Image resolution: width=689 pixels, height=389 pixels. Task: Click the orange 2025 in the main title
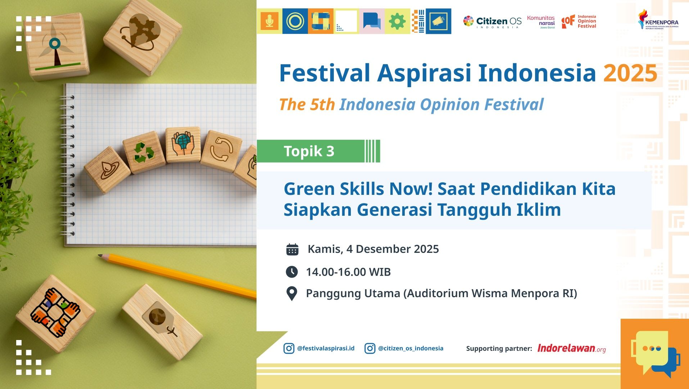tap(630, 73)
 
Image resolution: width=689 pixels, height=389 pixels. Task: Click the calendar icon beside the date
tap(292, 249)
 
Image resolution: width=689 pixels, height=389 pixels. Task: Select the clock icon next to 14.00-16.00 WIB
tap(292, 272)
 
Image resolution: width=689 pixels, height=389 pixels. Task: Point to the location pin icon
tap(291, 294)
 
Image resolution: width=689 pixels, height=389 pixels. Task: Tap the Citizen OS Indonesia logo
tap(492, 22)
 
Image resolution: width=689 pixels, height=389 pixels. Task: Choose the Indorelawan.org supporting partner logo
tap(571, 348)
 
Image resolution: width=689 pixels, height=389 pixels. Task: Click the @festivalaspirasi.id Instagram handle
tap(326, 348)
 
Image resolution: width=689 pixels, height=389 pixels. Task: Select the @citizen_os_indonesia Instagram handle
tap(411, 348)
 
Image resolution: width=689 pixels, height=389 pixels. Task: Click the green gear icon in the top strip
tap(397, 22)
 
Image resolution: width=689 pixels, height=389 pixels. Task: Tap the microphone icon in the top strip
tap(269, 22)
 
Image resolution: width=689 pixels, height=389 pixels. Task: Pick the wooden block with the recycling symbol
tap(144, 152)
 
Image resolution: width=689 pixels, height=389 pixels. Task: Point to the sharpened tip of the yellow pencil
tap(100, 256)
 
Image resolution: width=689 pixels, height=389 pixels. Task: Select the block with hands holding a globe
tap(183, 144)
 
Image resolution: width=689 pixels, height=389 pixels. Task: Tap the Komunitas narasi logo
tap(541, 22)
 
